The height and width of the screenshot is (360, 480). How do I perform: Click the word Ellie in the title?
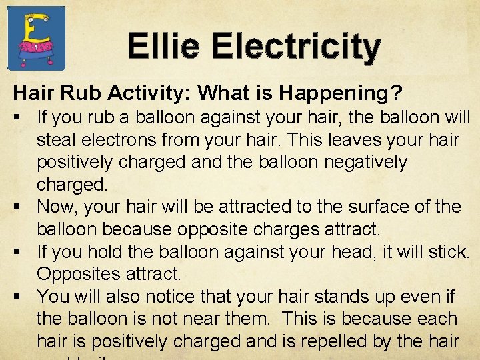163,47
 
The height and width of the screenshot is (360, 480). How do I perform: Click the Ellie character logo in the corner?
36,38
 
